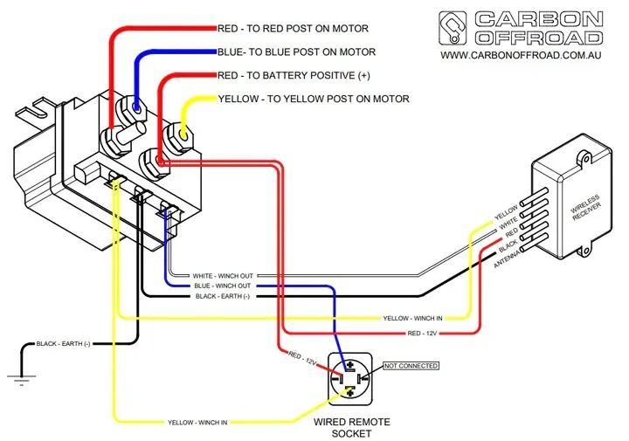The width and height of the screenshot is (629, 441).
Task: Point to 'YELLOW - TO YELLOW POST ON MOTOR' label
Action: (x=314, y=100)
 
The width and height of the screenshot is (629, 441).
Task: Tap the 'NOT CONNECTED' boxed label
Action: (x=411, y=366)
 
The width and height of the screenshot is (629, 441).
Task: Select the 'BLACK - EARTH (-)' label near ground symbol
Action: (x=63, y=344)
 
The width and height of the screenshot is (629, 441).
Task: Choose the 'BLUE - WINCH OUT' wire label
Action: (x=223, y=286)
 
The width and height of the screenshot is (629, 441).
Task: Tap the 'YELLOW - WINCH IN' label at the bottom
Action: (x=197, y=423)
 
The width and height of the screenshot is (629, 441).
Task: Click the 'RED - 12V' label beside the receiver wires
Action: (x=422, y=334)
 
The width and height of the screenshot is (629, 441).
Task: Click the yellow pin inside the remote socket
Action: (x=350, y=391)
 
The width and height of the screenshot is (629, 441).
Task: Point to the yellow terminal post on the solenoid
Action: (x=184, y=134)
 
